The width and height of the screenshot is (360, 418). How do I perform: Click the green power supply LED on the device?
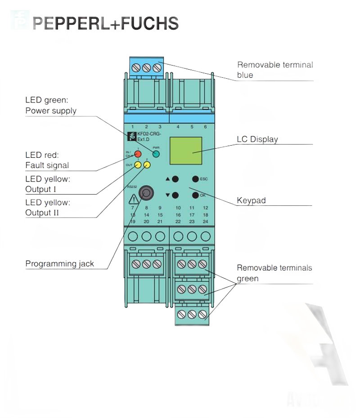click(156, 154)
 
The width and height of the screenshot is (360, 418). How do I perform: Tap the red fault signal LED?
click(138, 154)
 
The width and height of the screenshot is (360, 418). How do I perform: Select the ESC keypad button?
click(195, 179)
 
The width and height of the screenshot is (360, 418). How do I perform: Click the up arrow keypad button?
click(175, 179)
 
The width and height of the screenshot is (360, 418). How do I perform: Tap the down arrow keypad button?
click(175, 195)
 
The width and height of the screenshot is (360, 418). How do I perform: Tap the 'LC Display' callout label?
click(257, 139)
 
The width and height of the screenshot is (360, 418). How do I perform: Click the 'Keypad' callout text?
click(251, 200)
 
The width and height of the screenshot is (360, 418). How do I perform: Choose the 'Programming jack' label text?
click(59, 264)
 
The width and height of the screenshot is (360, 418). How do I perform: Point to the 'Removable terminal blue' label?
click(274, 70)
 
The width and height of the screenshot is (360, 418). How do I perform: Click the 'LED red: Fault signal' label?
click(47, 160)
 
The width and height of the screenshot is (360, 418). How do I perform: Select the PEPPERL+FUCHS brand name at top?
click(106, 23)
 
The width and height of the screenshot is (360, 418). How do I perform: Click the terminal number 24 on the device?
click(205, 222)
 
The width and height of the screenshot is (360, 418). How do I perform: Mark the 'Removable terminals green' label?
click(274, 273)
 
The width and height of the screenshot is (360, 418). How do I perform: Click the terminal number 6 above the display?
click(205, 127)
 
